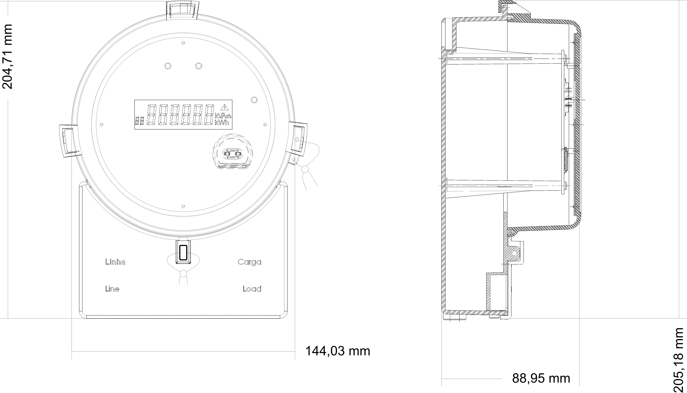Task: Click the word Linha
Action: [x=115, y=262]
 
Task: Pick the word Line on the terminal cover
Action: [x=112, y=289]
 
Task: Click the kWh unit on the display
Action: [x=222, y=123]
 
